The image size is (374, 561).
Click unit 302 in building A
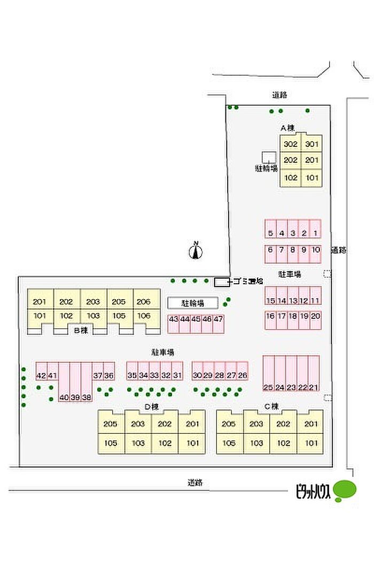(x=290, y=144)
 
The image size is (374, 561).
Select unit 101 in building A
(x=312, y=178)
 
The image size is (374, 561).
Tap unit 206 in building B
(x=144, y=302)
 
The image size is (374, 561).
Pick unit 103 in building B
(x=93, y=316)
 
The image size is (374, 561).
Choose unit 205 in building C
(x=229, y=424)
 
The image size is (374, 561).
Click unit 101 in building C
(x=310, y=443)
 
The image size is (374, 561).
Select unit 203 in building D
(x=138, y=424)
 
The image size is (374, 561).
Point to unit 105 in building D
(x=111, y=443)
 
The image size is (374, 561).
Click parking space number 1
(x=315, y=233)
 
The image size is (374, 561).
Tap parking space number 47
(x=218, y=319)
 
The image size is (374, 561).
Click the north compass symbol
(x=196, y=251)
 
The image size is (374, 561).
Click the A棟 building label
(x=287, y=128)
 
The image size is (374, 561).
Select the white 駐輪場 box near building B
(x=193, y=303)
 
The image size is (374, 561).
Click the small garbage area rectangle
(x=220, y=282)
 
